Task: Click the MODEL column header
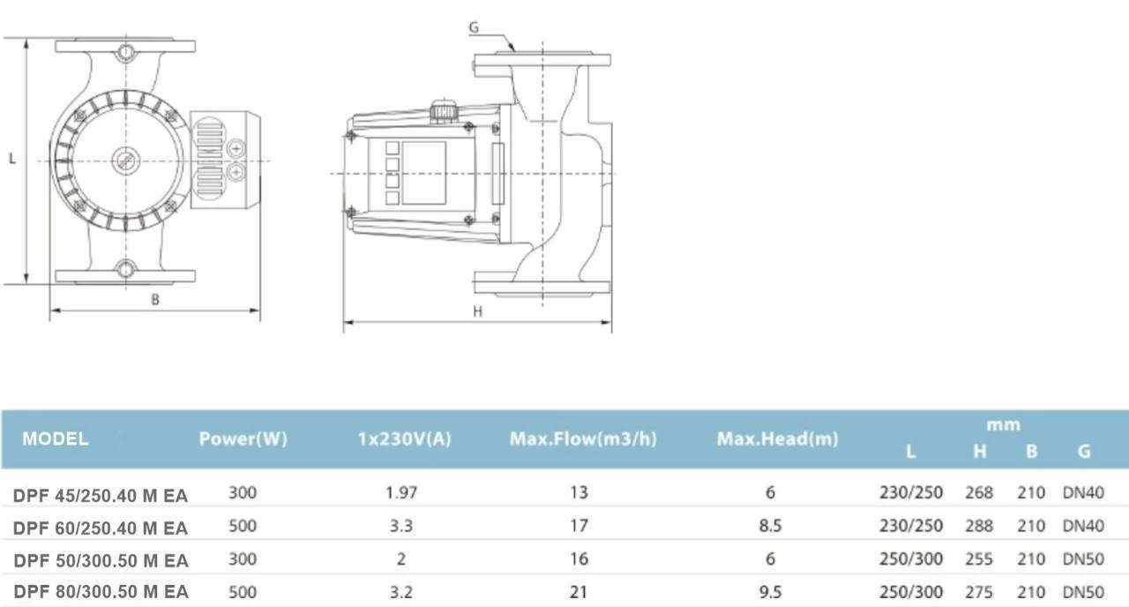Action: tap(55, 438)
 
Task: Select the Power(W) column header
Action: tap(243, 438)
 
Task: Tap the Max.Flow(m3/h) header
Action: tap(583, 438)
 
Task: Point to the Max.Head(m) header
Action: tap(777, 438)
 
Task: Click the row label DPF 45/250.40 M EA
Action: tap(101, 496)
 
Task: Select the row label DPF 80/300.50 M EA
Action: tap(101, 591)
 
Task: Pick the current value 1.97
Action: tap(401, 492)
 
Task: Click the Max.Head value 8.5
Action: tap(770, 526)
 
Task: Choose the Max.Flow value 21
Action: tap(579, 591)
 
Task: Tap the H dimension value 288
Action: tap(979, 526)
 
